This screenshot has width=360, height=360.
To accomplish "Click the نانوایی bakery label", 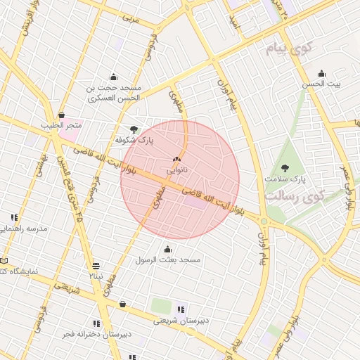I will point(176,170).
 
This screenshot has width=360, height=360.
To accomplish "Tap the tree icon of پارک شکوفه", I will point(135,129).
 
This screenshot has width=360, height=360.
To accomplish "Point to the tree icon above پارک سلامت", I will point(285,167).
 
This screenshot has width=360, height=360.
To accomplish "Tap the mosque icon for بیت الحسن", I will point(321,74).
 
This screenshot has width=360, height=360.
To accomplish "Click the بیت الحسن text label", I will point(321,84).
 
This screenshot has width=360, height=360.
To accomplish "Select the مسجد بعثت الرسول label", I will point(168,260).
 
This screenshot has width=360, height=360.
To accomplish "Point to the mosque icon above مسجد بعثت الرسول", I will point(167,249).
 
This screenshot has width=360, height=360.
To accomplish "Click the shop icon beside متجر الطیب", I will point(62,115).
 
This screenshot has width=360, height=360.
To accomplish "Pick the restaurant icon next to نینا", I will point(96,266).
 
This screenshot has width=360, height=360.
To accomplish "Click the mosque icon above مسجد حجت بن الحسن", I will point(113,77).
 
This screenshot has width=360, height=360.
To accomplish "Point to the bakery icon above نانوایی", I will point(176,160).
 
